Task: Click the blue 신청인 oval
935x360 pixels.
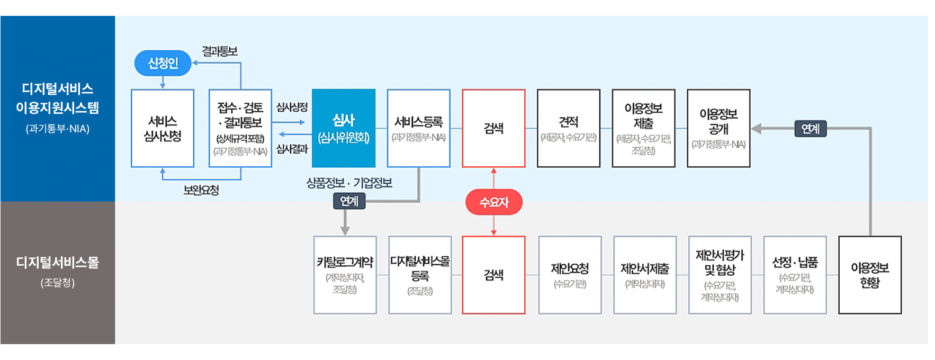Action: (163, 63)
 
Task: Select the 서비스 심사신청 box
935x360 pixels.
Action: (163, 128)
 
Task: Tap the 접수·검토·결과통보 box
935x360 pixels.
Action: (240, 128)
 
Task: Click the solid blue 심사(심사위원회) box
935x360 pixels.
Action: (344, 128)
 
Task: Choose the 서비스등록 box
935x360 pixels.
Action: (419, 128)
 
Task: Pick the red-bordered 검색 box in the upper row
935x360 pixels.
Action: (493, 128)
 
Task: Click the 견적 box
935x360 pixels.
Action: (569, 128)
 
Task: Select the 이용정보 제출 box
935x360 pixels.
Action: (643, 128)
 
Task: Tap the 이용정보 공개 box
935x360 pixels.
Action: (718, 128)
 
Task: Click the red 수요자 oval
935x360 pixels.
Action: (493, 202)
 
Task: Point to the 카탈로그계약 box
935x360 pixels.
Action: (345, 275)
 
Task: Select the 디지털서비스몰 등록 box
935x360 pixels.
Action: (420, 275)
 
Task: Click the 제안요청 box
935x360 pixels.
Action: (570, 275)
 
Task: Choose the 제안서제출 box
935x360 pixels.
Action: (645, 275)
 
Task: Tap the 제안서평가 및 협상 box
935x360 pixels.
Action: (720, 275)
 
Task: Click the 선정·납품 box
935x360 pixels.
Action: (795, 275)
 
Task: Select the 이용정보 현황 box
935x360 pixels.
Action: (870, 275)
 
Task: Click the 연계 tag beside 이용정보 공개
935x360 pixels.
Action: (810, 129)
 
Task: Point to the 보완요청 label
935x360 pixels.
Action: (201, 190)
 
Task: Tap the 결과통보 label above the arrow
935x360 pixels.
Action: (220, 51)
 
